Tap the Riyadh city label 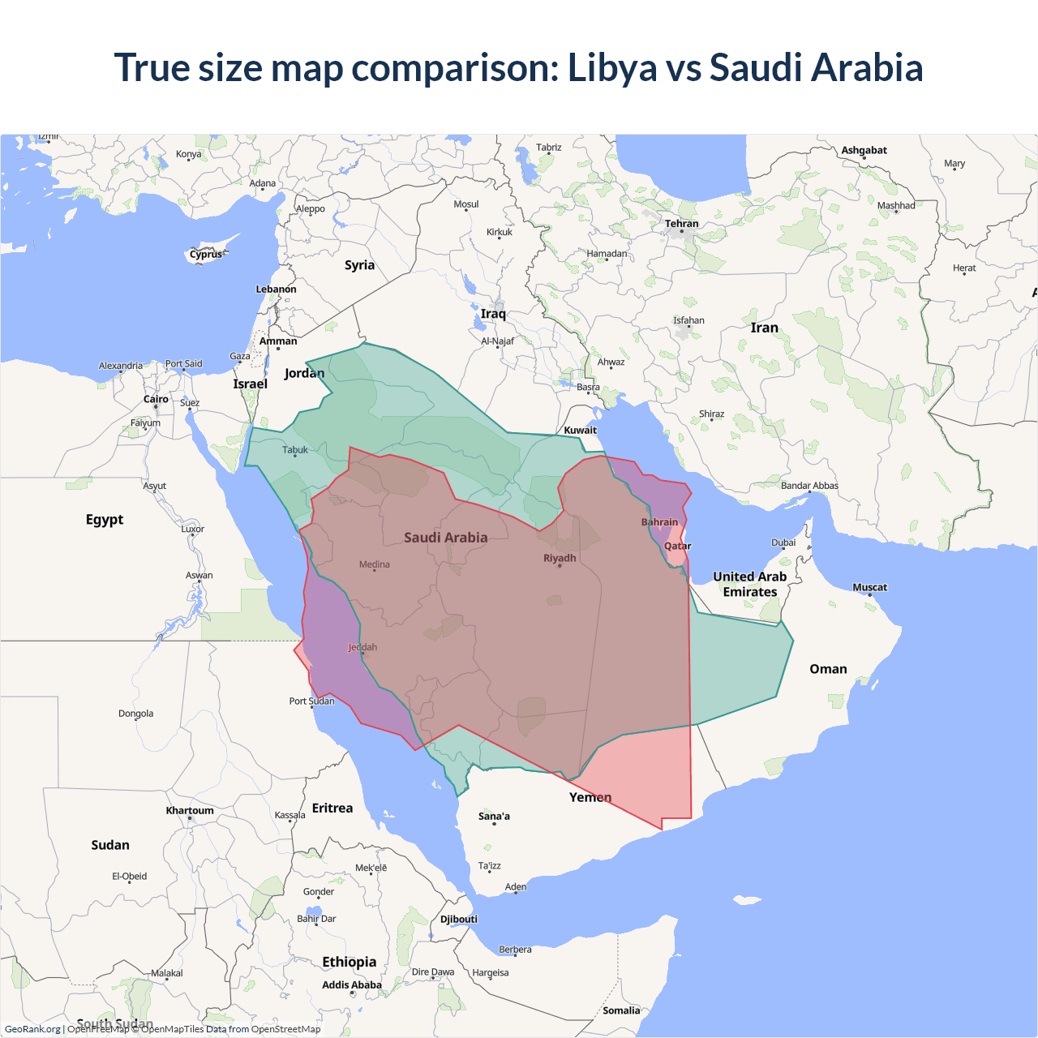pos(560,558)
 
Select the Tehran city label pos(681,224)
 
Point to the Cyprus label pos(206,254)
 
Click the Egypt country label pos(105,519)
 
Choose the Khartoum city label pos(190,810)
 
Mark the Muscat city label pos(869,587)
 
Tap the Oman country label pos(828,669)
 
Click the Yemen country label pos(590,797)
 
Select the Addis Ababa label pos(352,984)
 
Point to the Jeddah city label pos(362,647)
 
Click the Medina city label pos(375,564)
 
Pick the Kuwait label pos(580,431)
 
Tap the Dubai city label pos(783,543)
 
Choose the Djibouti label pos(459,919)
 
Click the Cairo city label pos(156,399)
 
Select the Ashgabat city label pos(864,150)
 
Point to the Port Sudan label pos(311,701)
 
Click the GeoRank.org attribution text pos(32,1029)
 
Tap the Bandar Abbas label pos(809,486)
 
